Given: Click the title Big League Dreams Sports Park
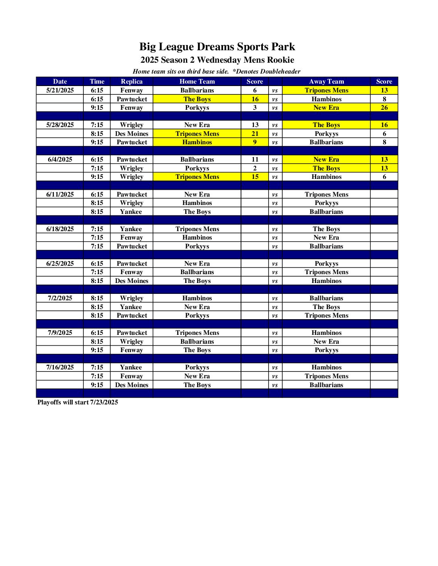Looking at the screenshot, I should coord(217,47).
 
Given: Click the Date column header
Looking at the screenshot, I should coord(60,82).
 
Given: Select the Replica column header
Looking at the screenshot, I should coord(132,82).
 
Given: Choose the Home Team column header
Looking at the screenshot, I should coord(197,82).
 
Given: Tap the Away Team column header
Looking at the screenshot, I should coord(326,82).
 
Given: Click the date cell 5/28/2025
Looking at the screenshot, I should coord(60,125).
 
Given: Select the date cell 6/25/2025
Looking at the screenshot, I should coord(60,264).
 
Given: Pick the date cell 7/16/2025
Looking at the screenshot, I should coord(60,367).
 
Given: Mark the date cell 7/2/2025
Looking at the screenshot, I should coord(60,298).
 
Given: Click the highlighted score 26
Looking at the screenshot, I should coord(384,108).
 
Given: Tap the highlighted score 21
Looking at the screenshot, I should coord(255,134).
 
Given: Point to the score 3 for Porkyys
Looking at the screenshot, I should coord(255,108).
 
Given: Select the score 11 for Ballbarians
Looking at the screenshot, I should coord(255,160).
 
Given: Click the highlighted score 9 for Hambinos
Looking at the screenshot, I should coord(255,142).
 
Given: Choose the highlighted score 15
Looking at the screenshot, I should coord(255,177).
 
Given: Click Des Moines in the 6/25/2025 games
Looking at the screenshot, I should coord(132,281).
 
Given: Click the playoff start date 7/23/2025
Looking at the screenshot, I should coord(104,402).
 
